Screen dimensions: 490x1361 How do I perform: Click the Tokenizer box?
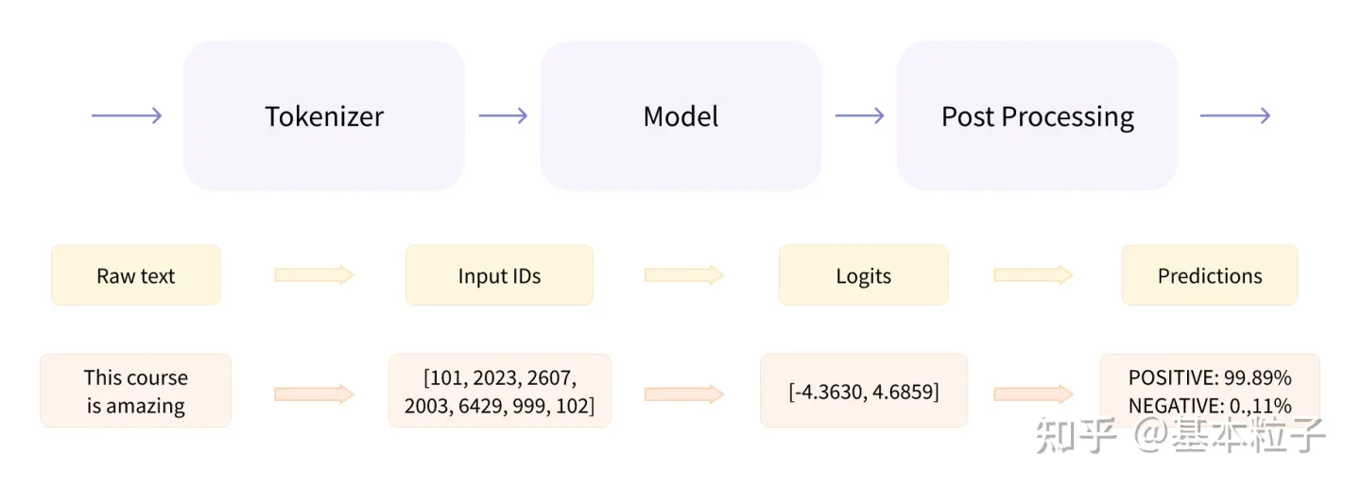(324, 116)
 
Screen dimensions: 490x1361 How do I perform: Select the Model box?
(680, 116)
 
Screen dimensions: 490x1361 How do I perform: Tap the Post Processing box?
(1037, 116)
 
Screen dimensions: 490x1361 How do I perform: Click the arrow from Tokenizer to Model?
(503, 115)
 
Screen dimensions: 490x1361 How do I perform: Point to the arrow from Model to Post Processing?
(859, 115)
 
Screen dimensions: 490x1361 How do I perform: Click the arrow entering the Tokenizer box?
(127, 115)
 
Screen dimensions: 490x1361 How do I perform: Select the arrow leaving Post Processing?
(1234, 115)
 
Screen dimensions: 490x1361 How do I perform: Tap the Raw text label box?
(136, 275)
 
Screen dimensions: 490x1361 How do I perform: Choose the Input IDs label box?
(499, 275)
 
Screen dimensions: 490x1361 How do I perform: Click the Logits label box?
(863, 275)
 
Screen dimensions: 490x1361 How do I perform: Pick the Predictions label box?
(1210, 275)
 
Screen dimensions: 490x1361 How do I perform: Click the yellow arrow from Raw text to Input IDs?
(314, 275)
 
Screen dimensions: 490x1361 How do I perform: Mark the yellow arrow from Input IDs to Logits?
(684, 275)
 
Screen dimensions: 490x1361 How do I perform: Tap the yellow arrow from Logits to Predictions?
(1034, 275)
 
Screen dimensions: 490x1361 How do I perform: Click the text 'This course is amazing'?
(136, 392)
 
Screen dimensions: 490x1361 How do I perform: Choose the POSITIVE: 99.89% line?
(1210, 378)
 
